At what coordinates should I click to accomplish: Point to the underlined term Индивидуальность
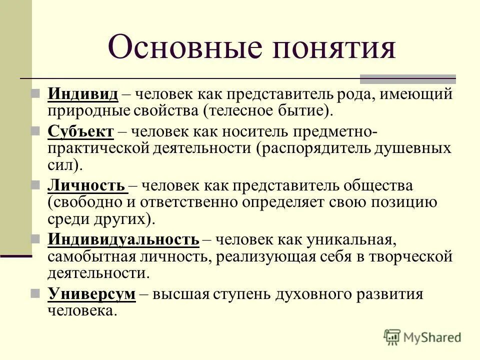tap(123, 240)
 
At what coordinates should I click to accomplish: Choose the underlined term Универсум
tap(91, 294)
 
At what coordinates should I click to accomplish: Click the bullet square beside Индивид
tap(35, 93)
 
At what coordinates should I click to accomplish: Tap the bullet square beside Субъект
tap(35, 132)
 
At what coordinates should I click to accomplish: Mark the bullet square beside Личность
tap(35, 186)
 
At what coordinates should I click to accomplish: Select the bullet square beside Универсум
tap(35, 293)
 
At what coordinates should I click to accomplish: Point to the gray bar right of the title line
tap(408, 78)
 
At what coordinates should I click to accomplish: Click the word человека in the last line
tap(80, 310)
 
